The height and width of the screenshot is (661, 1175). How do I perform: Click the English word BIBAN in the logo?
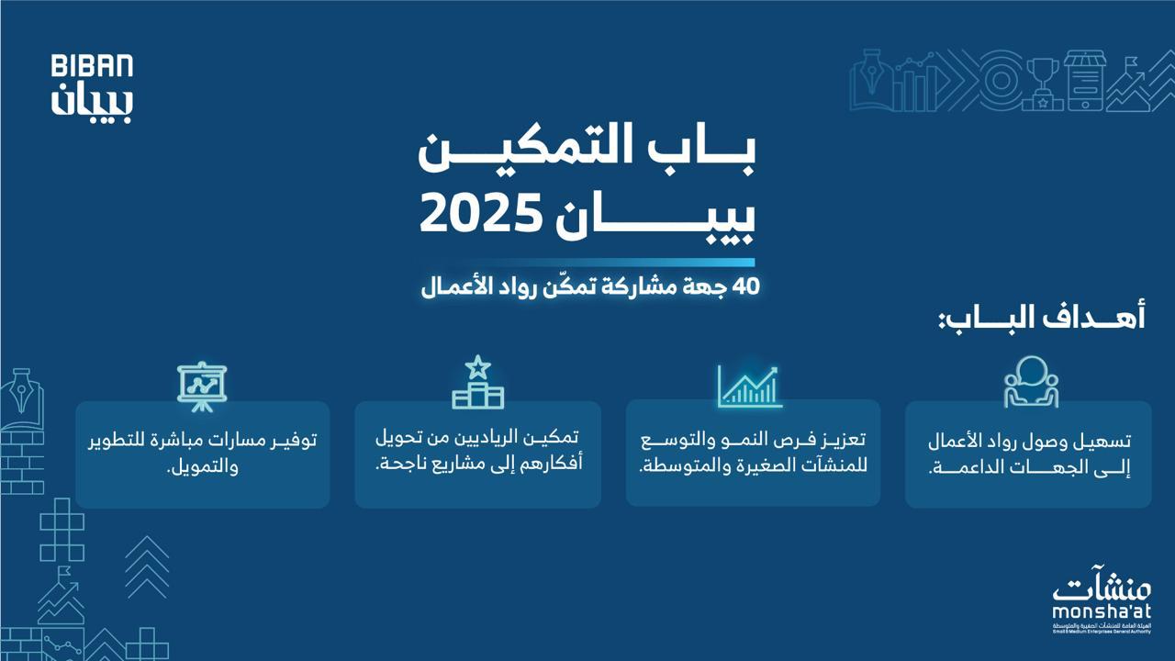[92, 66]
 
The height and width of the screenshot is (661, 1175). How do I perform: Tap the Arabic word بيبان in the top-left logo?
[92, 101]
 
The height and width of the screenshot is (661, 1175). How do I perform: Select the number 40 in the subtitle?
[744, 286]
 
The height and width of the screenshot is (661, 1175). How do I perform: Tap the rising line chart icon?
[748, 386]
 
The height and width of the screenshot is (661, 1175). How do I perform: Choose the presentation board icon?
[202, 385]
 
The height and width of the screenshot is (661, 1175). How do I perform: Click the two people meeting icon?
[1030, 381]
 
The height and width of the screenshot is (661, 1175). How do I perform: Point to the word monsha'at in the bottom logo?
[1102, 611]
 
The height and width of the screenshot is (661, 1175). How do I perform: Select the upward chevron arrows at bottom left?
[147, 566]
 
